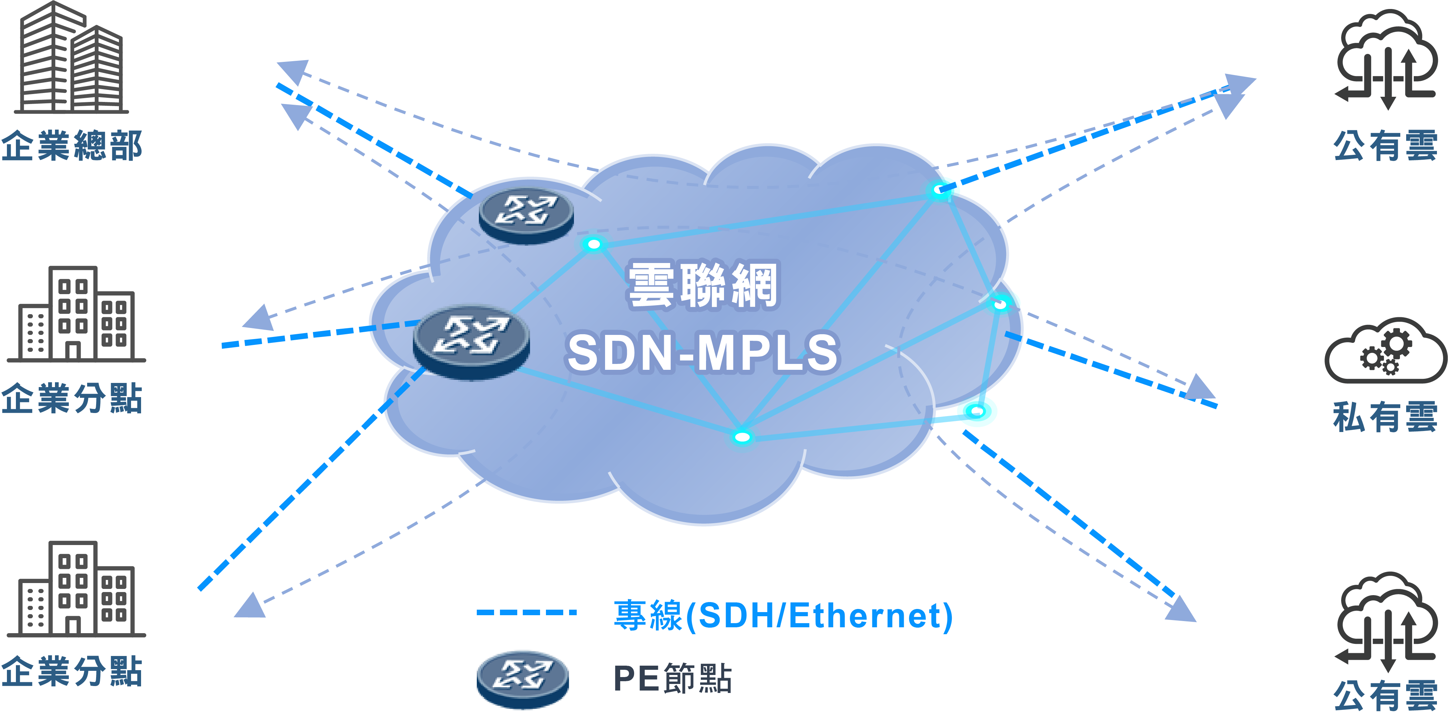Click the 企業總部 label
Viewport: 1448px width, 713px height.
(72, 146)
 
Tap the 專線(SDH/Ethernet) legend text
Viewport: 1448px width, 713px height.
(783, 615)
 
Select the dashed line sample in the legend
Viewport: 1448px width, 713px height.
(526, 612)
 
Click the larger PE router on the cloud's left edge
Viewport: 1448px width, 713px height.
(471, 341)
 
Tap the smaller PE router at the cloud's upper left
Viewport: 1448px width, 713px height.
(526, 215)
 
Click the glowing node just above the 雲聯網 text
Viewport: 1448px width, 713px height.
(594, 244)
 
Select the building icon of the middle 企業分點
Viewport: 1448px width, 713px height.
(76, 315)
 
